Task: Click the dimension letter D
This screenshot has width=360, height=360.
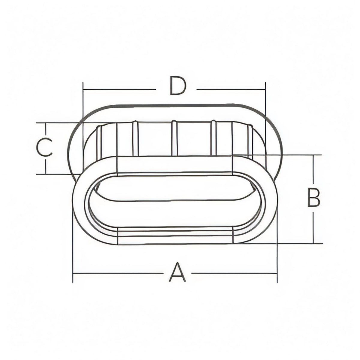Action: point(178,85)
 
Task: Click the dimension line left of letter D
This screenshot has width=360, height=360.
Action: point(119,89)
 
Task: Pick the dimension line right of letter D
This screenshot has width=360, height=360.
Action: point(231,89)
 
